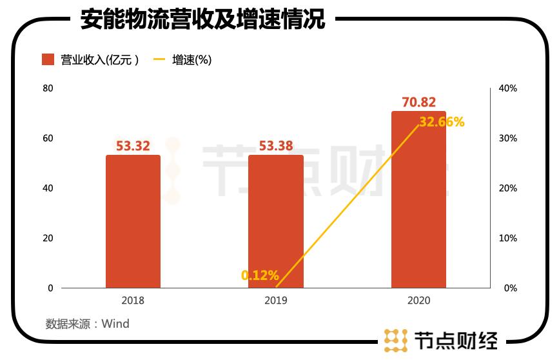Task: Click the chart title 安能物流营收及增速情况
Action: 202,19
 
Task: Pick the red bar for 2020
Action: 418,199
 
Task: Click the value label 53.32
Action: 133,146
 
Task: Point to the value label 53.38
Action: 276,146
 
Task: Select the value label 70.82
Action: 418,102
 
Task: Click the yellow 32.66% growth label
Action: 442,121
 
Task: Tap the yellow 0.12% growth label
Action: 260,275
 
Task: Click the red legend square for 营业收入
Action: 48,60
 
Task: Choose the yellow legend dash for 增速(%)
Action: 160,60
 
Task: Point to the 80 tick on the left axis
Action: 48,88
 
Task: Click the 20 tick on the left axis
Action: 48,238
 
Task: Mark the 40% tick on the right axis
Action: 509,88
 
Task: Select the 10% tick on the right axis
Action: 509,238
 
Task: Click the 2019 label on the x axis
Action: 275,301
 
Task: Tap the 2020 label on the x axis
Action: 418,301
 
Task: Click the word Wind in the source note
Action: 115,324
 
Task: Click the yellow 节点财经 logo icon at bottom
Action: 396,339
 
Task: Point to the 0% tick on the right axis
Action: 510,288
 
